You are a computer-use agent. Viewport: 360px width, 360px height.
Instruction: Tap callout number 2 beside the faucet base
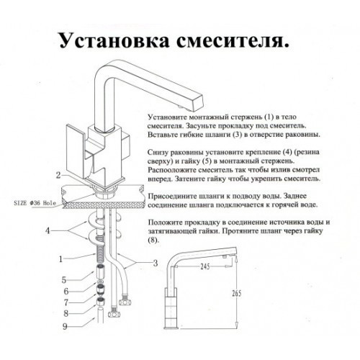point(57,175)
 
